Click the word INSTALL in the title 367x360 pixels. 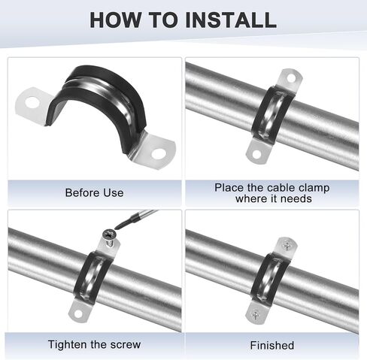coord(231,20)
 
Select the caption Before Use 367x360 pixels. coord(94,193)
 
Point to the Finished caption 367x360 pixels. coord(272,346)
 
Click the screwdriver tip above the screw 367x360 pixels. coord(117,228)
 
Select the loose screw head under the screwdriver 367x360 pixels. coord(109,234)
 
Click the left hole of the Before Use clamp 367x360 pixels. coord(32,103)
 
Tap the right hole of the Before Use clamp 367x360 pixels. coord(159,154)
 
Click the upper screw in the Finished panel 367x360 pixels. coord(287,245)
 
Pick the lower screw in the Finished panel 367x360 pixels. coord(256,314)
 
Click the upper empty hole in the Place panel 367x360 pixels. coord(291,78)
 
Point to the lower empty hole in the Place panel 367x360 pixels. coord(256,155)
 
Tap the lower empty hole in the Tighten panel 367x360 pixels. coord(78,313)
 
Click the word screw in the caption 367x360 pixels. coord(126,345)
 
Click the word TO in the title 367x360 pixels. coord(164,20)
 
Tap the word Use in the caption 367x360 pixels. coord(114,193)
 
